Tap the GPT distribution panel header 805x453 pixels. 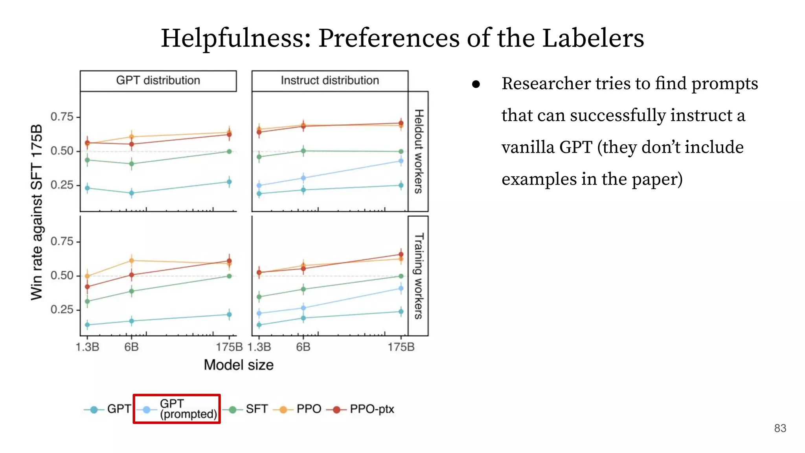tap(158, 81)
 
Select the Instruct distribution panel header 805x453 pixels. tap(330, 81)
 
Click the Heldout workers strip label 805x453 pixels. tap(419, 151)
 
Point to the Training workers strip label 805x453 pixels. tap(419, 276)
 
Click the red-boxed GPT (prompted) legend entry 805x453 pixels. tap(177, 409)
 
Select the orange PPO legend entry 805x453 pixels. tap(301, 409)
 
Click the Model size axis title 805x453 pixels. tap(239, 365)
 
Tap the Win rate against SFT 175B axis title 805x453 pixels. tap(37, 212)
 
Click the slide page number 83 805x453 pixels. tap(780, 428)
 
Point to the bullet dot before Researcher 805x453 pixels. tap(476, 84)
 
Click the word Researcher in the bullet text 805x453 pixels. tap(546, 84)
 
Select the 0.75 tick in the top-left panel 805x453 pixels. tap(62, 117)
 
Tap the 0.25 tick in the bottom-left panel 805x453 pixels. tap(62, 309)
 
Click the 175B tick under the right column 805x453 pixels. tap(401, 347)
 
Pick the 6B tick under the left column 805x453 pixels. tap(131, 347)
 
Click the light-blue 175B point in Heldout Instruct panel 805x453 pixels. tap(401, 161)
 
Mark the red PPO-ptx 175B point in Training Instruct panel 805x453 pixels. tap(401, 254)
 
